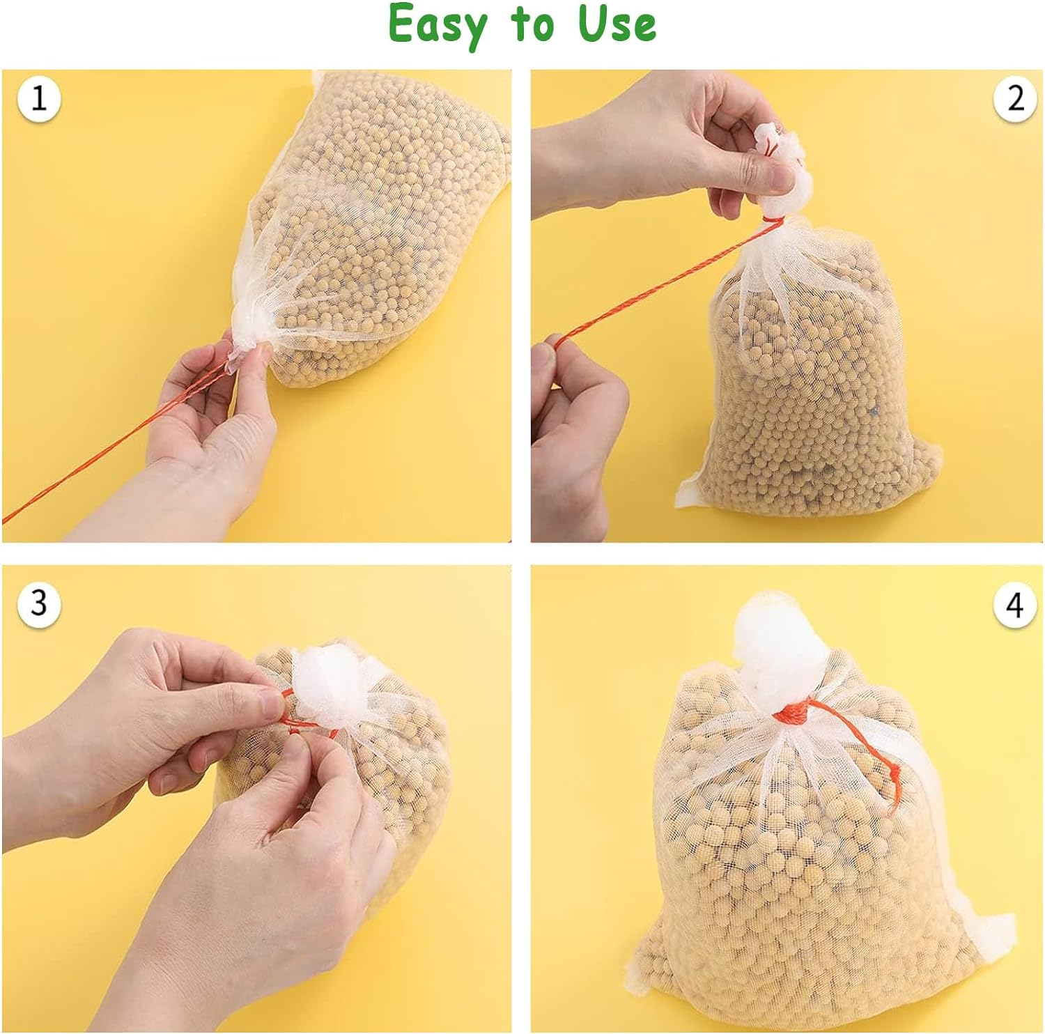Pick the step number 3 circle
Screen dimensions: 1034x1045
39,602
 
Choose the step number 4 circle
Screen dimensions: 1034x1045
1015,603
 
